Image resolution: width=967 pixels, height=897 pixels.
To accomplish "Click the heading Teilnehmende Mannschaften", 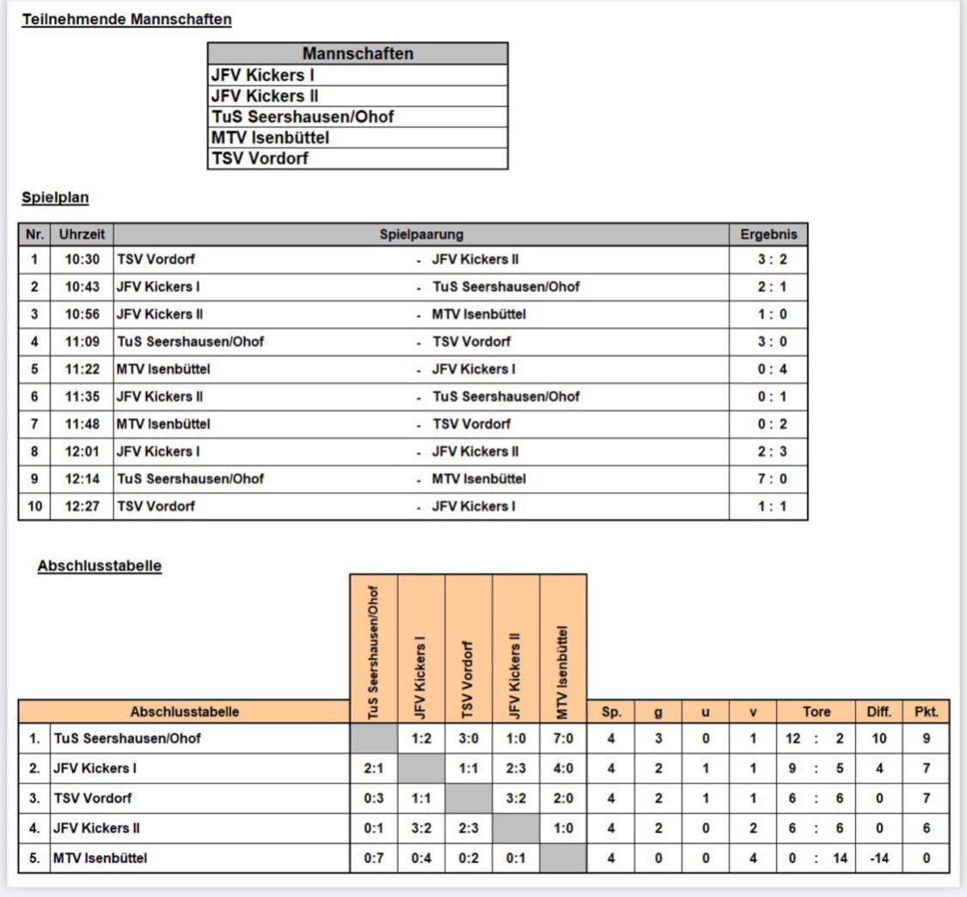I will (x=126, y=19).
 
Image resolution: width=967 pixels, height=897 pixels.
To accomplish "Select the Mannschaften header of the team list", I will (x=358, y=54).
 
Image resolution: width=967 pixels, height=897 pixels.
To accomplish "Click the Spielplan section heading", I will (x=55, y=197).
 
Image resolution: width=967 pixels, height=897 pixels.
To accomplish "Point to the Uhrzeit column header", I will (x=82, y=233).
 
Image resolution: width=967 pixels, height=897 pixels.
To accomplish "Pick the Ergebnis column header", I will (x=768, y=233).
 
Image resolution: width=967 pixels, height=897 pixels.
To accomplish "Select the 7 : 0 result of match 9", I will (x=768, y=478).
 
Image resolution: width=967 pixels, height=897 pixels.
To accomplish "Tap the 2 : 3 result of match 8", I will (x=768, y=451).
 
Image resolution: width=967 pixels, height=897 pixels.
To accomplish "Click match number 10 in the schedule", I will (x=34, y=506).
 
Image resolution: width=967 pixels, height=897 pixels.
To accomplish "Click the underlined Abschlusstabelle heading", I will (x=99, y=568).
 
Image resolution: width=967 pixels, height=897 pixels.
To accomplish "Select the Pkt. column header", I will (x=926, y=711).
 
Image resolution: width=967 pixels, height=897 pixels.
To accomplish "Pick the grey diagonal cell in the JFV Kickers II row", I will (x=515, y=829).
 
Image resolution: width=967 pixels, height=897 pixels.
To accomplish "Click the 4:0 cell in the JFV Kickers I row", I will (x=562, y=768).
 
